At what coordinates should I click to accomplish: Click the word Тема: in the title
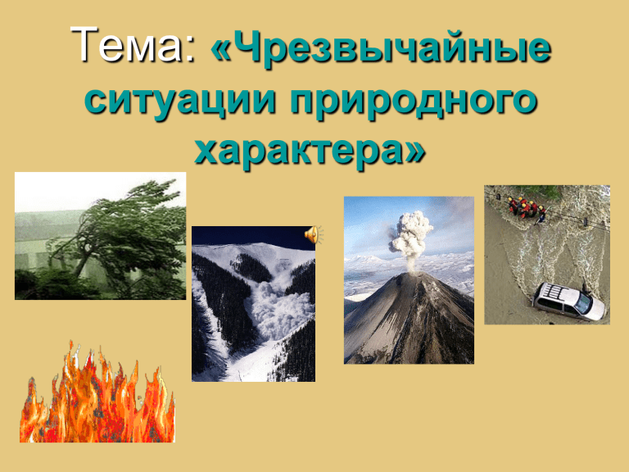coord(133,44)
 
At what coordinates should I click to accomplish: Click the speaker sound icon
coord(314,235)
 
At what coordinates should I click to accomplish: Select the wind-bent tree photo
coord(100,236)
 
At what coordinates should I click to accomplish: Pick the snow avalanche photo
coord(254,304)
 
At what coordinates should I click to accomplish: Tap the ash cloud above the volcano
coord(411,236)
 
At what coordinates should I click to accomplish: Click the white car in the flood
coord(568,302)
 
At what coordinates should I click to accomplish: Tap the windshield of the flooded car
coord(582,305)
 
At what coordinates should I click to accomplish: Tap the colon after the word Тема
coord(190,51)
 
